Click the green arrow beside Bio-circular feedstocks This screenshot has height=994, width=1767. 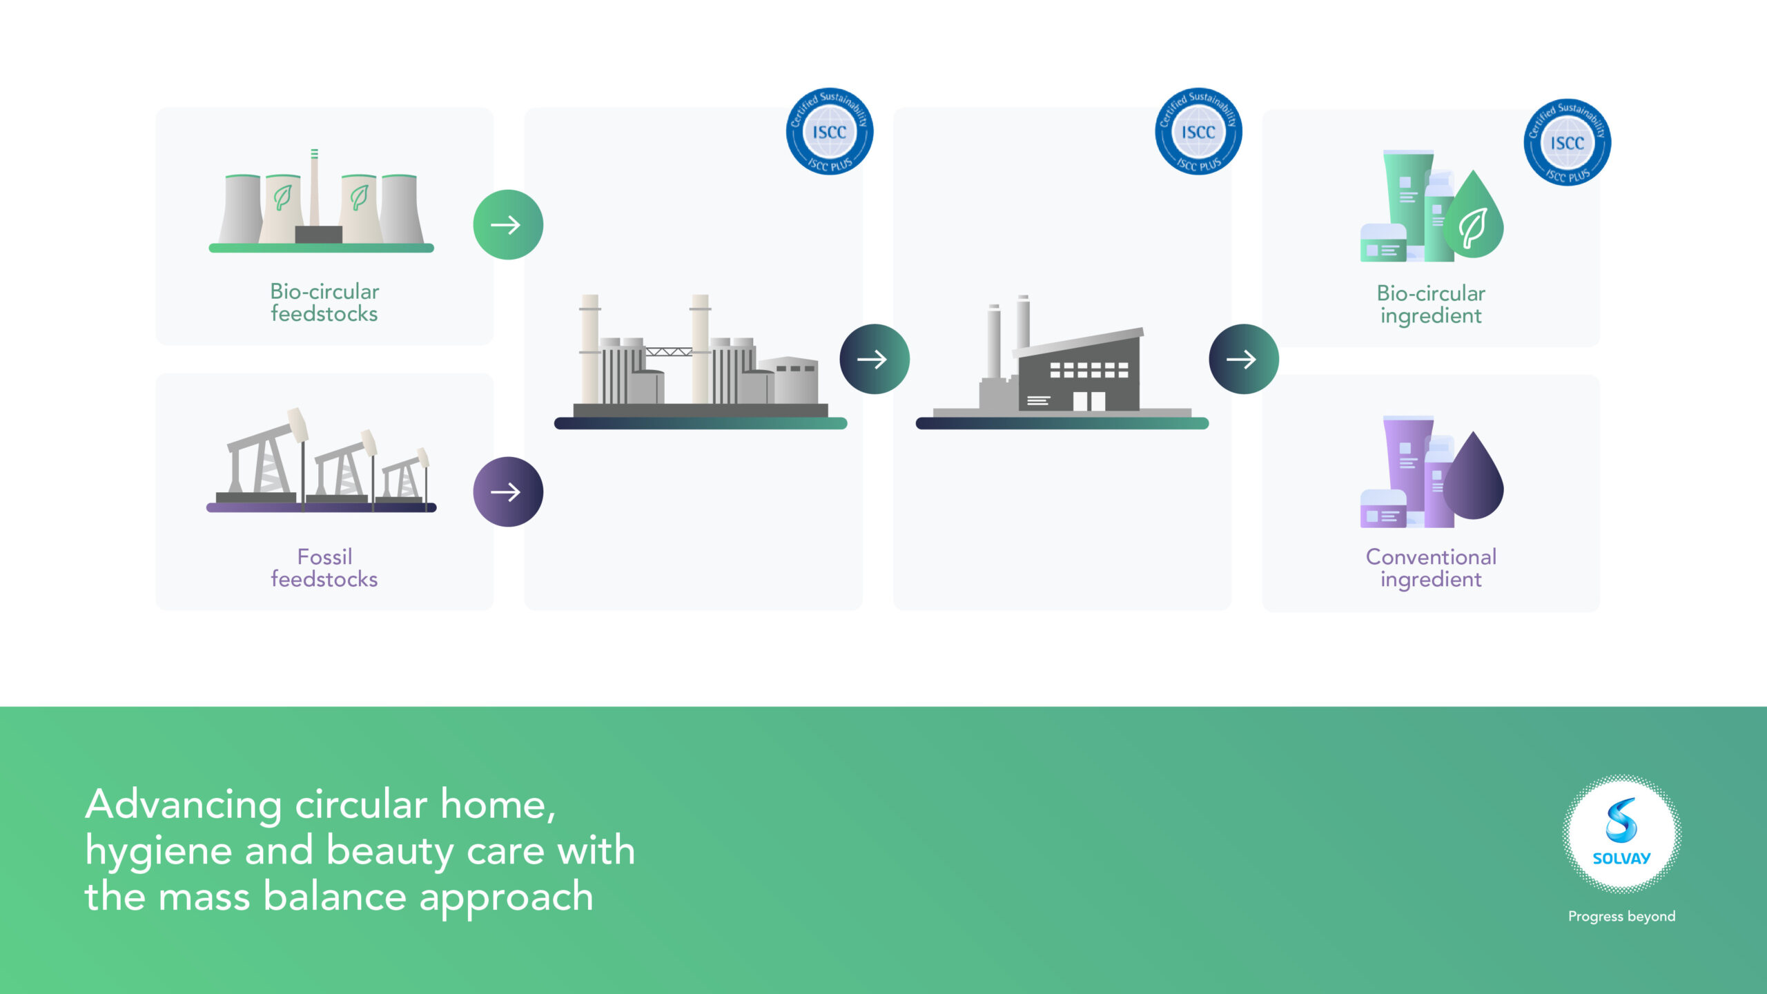[x=508, y=225]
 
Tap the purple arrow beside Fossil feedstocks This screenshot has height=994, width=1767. [x=508, y=492]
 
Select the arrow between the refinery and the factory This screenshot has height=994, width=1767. [x=875, y=359]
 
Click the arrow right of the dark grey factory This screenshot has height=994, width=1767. [x=1244, y=359]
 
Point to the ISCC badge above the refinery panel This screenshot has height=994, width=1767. [x=830, y=131]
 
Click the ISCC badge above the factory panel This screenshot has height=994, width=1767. [x=1199, y=131]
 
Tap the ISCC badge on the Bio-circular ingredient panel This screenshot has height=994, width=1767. [x=1568, y=142]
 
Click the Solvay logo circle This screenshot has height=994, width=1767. [x=1622, y=834]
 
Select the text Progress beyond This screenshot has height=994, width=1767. [x=1622, y=917]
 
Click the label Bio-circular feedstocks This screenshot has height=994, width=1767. [x=324, y=302]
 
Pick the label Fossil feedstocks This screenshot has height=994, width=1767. [x=324, y=567]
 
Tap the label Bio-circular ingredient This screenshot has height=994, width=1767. [x=1431, y=304]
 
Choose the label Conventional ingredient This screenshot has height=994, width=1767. [x=1431, y=568]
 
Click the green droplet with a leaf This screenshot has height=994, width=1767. [x=1474, y=215]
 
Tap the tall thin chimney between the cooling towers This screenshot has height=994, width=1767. [x=314, y=188]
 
